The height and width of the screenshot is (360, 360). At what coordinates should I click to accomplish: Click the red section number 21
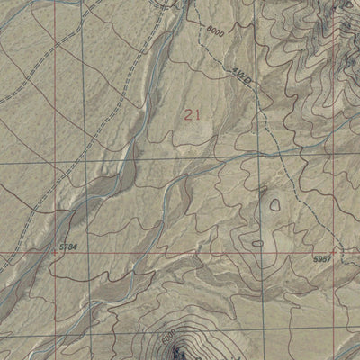[192, 114]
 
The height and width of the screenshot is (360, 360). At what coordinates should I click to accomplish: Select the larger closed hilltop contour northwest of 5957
[274, 204]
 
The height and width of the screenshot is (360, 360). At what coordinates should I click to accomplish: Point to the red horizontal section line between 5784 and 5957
[180, 253]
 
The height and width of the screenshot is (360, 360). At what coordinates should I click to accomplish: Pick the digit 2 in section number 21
[187, 114]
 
